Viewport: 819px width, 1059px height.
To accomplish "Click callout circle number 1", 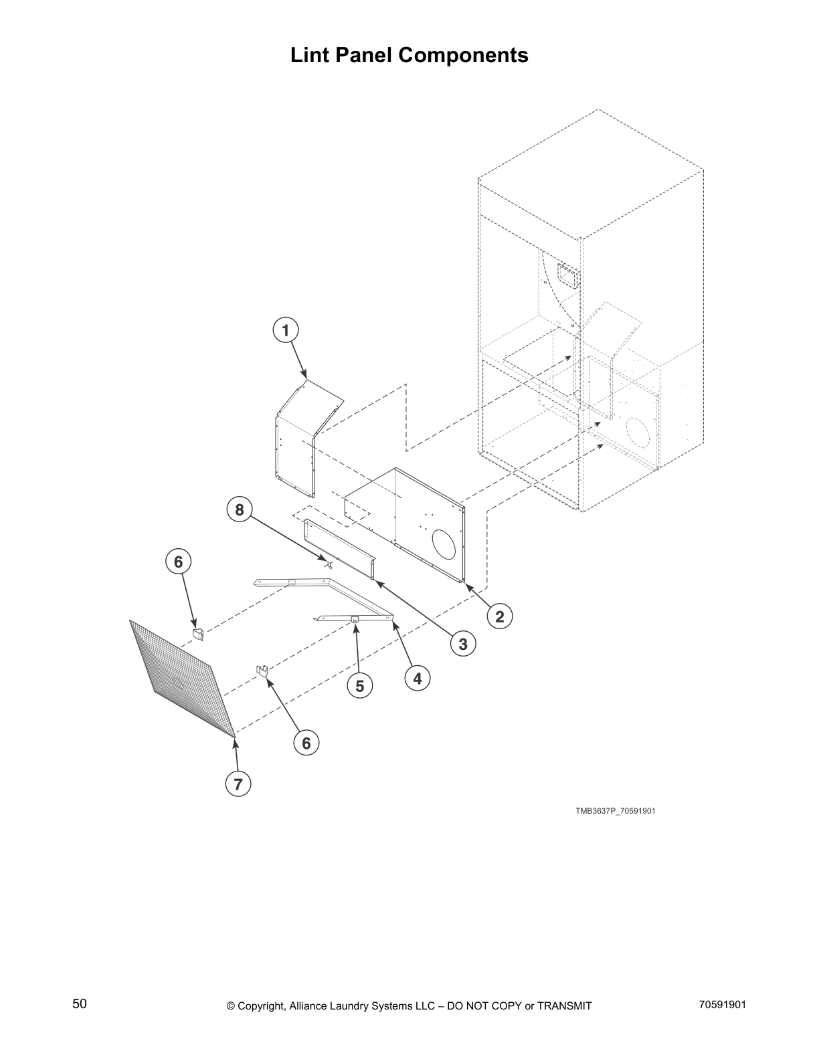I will (x=286, y=330).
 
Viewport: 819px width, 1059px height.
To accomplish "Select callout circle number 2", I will (x=500, y=616).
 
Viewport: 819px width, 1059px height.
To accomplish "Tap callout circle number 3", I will (x=462, y=644).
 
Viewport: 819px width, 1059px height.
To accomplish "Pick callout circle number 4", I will (x=418, y=679).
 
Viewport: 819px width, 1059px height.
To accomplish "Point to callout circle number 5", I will (x=360, y=686).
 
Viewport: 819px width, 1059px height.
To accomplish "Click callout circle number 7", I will (x=238, y=783).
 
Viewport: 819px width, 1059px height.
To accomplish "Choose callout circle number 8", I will (x=238, y=511).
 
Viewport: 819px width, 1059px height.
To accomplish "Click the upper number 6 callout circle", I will (x=178, y=562).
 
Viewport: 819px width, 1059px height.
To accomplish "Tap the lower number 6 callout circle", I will (x=306, y=743).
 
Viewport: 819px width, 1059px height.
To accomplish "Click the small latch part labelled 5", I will (x=355, y=620).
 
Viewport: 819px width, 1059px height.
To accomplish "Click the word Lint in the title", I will (x=310, y=55).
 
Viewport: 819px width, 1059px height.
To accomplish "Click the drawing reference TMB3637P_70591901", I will (x=615, y=811).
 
